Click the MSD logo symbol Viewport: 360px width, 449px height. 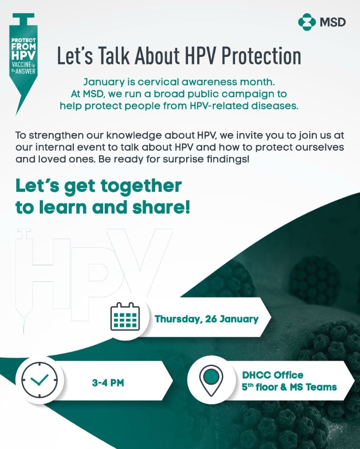pyautogui.click(x=307, y=22)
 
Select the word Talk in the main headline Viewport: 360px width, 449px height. pyautogui.click(x=113, y=55)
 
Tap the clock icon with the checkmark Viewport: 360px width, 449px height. pyautogui.click(x=39, y=380)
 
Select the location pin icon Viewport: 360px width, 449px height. pyautogui.click(x=211, y=380)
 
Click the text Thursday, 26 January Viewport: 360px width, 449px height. pyautogui.click(x=207, y=319)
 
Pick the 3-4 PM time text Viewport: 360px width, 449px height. pyautogui.click(x=108, y=383)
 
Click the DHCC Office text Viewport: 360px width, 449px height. pyautogui.click(x=273, y=375)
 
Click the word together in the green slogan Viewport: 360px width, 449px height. pyautogui.click(x=141, y=187)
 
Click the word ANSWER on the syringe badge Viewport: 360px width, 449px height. pyautogui.click(x=26, y=71)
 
